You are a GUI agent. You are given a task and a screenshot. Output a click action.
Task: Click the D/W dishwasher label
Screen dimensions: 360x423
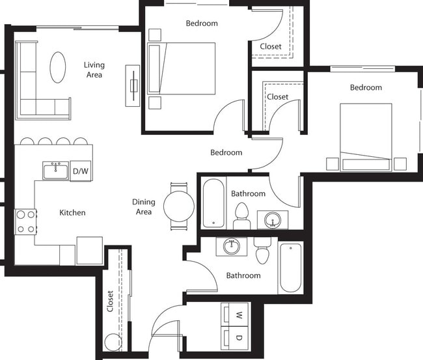(x=80, y=171)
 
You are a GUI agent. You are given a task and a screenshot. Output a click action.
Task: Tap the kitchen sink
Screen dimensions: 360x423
(x=56, y=171)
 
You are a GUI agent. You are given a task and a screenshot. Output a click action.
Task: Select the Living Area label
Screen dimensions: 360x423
(x=94, y=70)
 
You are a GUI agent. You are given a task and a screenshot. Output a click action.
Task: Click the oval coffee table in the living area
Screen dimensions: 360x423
(x=58, y=66)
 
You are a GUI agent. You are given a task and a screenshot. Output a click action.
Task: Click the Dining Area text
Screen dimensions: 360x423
(x=143, y=207)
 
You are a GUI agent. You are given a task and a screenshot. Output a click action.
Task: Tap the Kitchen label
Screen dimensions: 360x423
(x=72, y=213)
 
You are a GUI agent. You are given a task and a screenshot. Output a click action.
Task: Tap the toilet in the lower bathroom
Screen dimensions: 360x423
(x=263, y=251)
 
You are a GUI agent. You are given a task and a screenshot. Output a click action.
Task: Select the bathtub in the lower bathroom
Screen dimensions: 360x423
(x=290, y=267)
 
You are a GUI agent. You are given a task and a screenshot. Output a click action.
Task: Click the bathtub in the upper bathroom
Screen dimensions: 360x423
(x=213, y=202)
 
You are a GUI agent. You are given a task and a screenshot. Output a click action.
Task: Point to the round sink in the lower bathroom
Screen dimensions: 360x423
(x=231, y=247)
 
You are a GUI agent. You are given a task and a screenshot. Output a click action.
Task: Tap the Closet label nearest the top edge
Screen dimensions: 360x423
(x=271, y=46)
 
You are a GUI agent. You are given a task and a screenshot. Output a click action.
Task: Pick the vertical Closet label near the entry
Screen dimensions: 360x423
(x=110, y=301)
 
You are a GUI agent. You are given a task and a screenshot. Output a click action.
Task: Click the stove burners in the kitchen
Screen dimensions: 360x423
(x=25, y=221)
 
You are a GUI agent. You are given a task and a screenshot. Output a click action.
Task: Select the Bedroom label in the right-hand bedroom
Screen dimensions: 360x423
(x=366, y=88)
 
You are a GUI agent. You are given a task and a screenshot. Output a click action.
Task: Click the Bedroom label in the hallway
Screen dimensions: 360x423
(x=226, y=153)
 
